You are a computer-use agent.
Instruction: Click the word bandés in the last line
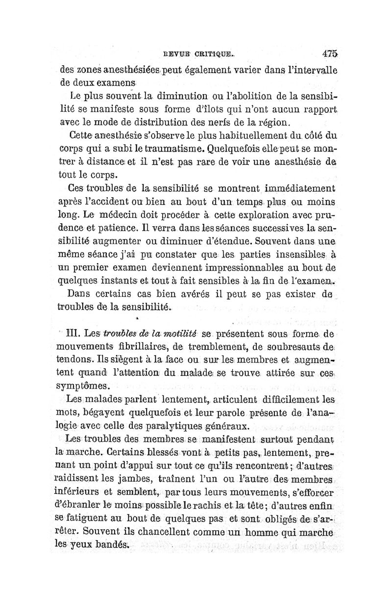(x=108, y=545)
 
